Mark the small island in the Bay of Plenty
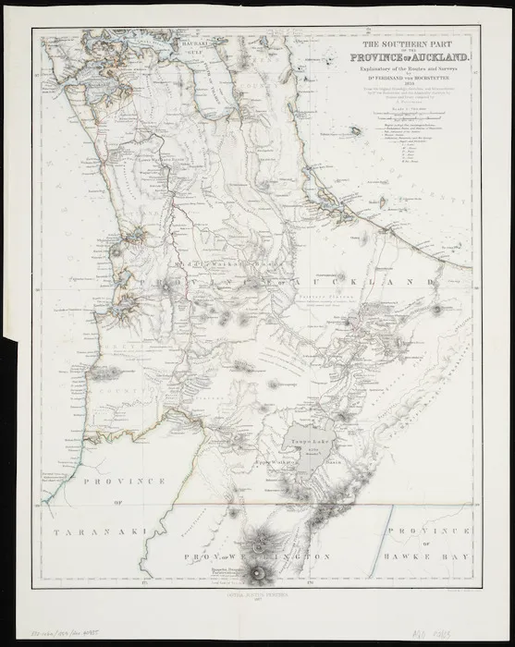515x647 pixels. (357, 131)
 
